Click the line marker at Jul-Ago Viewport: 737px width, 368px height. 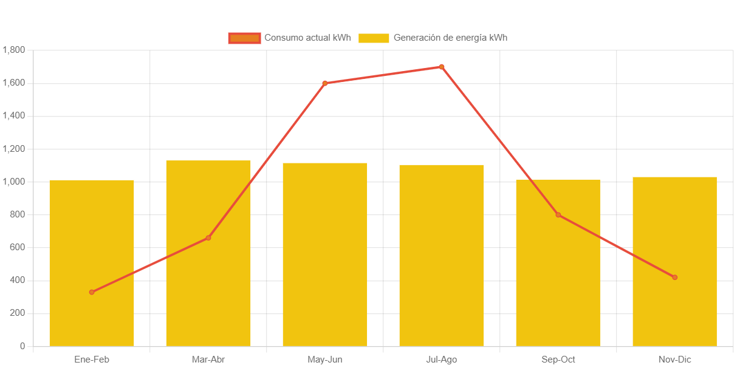[x=441, y=67]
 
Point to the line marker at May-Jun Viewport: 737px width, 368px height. [x=324, y=83]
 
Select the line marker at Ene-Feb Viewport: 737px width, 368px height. [x=92, y=292]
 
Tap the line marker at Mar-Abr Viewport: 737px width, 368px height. [x=208, y=237]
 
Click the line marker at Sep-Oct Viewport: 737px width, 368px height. [x=558, y=214]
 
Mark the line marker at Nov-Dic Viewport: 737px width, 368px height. [x=674, y=278]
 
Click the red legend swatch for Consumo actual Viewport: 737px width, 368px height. [x=244, y=38]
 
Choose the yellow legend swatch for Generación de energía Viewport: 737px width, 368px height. [x=374, y=38]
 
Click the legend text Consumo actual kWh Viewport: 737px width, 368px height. [x=307, y=38]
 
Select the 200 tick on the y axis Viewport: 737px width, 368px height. [x=18, y=313]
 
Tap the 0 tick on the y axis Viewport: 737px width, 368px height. [x=22, y=346]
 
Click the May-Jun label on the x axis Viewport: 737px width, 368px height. [x=324, y=359]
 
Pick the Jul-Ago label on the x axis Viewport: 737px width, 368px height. [x=441, y=359]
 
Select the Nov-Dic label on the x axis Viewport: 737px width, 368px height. [x=674, y=359]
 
